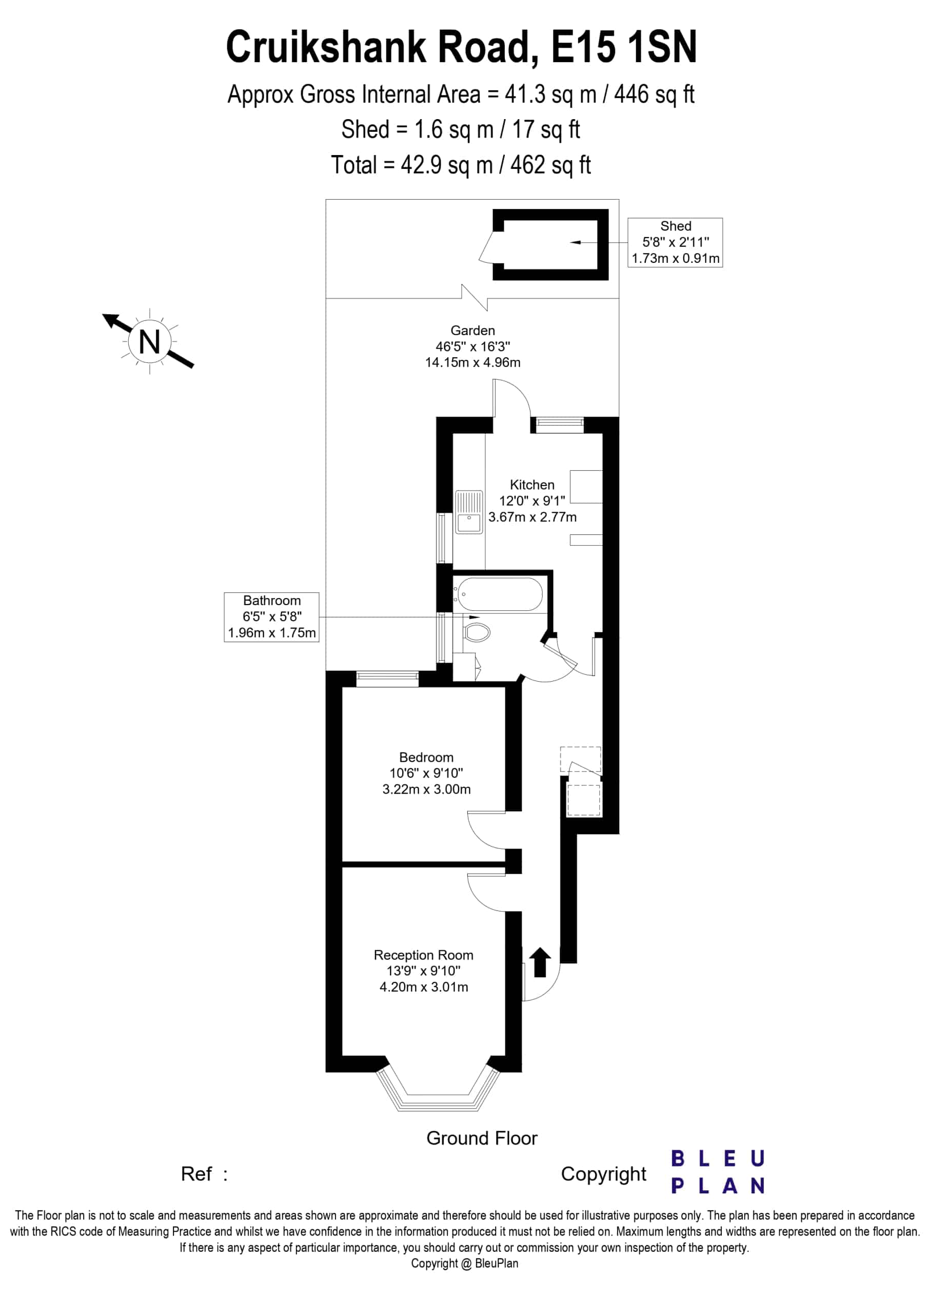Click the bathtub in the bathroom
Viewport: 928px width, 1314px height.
click(498, 594)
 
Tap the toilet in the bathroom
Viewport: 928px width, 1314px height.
click(476, 632)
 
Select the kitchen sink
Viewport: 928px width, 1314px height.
click(469, 512)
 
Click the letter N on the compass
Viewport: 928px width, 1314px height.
click(149, 342)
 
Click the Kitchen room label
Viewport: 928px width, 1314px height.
click(532, 485)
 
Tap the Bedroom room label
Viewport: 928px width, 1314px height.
click(426, 757)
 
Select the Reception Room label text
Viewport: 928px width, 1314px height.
click(423, 955)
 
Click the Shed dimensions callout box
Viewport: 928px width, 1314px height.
click(675, 242)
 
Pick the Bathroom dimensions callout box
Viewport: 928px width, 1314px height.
click(271, 617)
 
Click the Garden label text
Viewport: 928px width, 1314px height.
click(472, 330)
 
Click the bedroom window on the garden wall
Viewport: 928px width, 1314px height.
click(387, 679)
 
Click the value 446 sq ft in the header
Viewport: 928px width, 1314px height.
click(654, 94)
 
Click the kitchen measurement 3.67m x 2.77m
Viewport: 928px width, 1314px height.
click(532, 517)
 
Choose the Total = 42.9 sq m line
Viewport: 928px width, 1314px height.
click(461, 165)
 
